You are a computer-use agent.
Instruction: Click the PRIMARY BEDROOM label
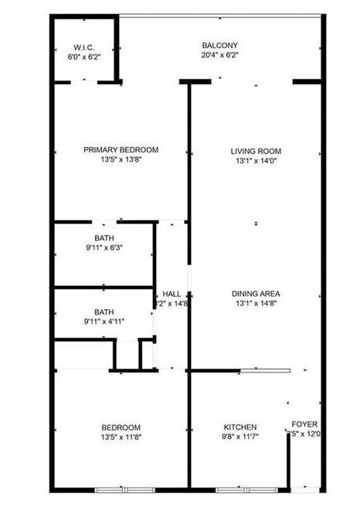tap(121, 150)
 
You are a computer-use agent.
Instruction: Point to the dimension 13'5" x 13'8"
tap(121, 161)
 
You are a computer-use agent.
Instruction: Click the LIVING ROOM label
tap(256, 151)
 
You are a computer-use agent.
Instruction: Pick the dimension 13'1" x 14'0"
tap(256, 162)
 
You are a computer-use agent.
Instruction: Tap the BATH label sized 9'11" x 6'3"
tap(104, 237)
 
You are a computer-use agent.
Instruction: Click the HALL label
tap(172, 294)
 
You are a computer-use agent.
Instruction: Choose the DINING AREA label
tap(256, 294)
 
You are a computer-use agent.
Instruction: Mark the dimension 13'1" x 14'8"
tap(256, 305)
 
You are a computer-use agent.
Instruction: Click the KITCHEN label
tap(240, 427)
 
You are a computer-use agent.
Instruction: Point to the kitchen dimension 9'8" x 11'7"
tap(240, 437)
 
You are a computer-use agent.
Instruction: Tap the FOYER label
tap(304, 424)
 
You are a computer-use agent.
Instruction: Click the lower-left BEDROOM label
tap(121, 427)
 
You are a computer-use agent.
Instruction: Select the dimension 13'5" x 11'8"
tap(121, 438)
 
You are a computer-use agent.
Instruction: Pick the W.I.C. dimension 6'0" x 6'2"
tap(84, 56)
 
